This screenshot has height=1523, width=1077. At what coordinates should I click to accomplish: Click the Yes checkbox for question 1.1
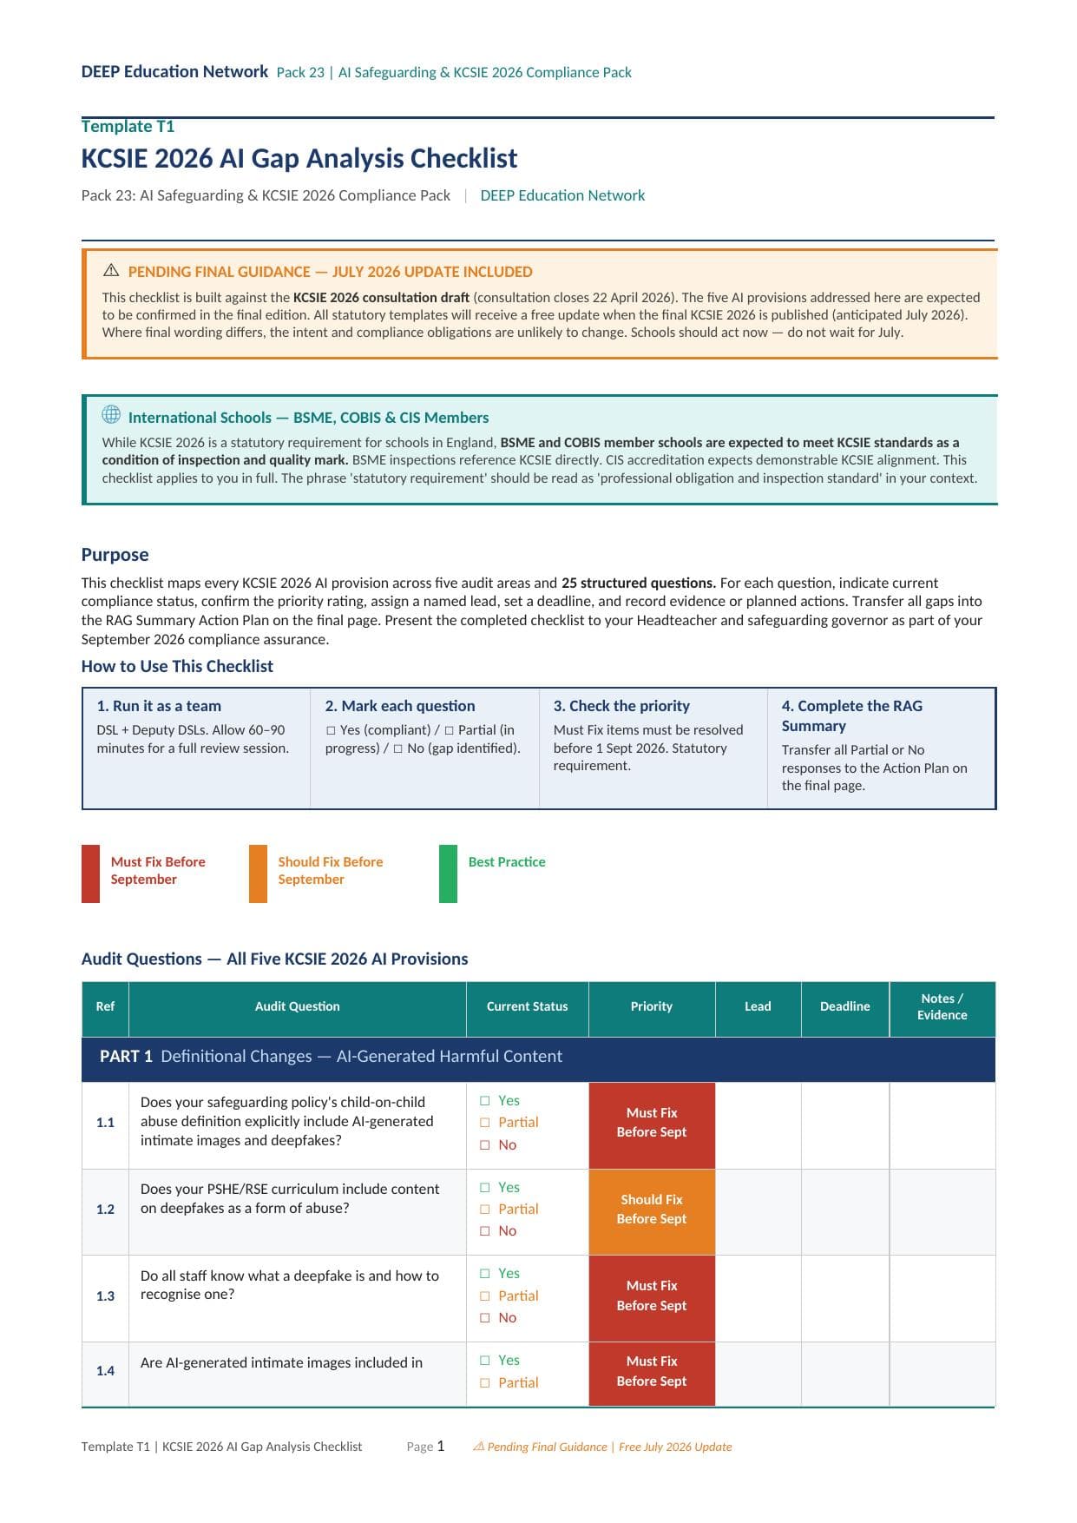(485, 1101)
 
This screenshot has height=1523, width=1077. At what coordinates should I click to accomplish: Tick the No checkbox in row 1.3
(485, 1318)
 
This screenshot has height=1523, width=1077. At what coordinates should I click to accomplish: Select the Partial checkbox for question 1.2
(485, 1210)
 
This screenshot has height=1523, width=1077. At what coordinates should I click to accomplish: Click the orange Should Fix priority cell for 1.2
(651, 1210)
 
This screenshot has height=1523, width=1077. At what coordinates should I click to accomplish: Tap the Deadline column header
(844, 1006)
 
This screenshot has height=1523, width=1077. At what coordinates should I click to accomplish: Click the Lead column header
(757, 1006)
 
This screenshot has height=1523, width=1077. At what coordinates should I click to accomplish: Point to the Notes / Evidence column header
(942, 1007)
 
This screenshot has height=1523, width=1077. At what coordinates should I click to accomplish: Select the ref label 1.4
(105, 1371)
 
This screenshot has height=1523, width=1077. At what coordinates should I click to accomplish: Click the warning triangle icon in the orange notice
(111, 270)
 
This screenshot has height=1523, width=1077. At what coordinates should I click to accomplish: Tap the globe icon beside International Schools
(111, 415)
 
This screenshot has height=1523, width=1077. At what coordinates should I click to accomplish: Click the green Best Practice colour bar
(448, 874)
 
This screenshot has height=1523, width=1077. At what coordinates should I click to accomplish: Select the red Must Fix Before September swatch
(90, 874)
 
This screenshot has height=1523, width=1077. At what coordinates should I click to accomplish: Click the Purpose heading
(115, 555)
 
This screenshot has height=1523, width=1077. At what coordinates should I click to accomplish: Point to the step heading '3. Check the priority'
(621, 706)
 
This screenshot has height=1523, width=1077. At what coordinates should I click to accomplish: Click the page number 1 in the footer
(441, 1447)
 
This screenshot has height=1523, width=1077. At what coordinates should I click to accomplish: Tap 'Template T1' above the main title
(128, 127)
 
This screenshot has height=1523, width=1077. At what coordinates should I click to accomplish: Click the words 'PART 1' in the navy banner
(126, 1057)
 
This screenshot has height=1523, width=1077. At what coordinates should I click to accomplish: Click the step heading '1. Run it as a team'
(159, 706)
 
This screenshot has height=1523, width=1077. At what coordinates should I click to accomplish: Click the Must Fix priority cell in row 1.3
(651, 1296)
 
